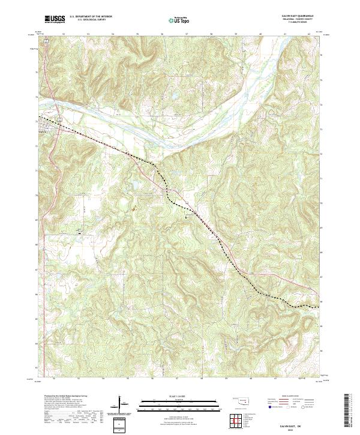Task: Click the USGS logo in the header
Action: click(x=55, y=19)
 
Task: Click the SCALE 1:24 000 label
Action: click(x=179, y=396)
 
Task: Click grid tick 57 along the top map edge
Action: click(x=187, y=34)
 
